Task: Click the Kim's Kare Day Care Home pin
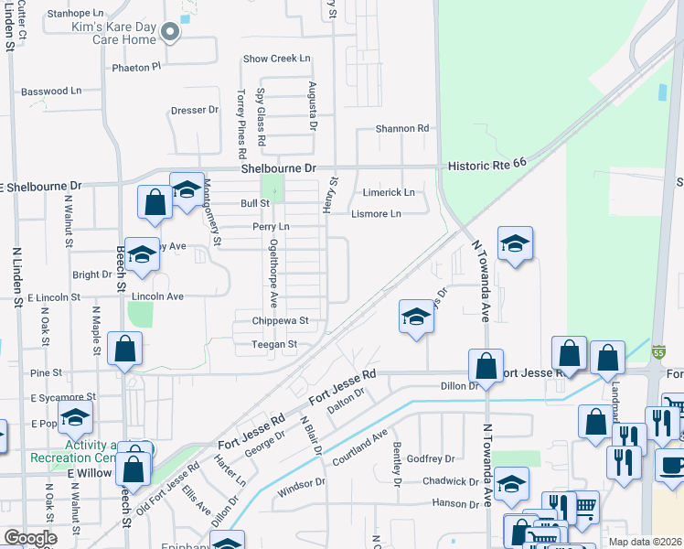click(x=169, y=33)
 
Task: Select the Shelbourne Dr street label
click(x=278, y=169)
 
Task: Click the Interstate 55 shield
click(x=658, y=351)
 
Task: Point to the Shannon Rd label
click(x=403, y=129)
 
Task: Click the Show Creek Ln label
click(x=277, y=59)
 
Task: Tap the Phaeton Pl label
click(x=136, y=67)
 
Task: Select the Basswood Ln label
click(x=51, y=91)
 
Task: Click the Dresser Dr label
click(x=195, y=110)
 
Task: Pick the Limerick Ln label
click(x=390, y=192)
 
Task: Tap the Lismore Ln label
click(x=376, y=214)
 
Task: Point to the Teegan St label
click(x=275, y=344)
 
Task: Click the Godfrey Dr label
click(x=431, y=458)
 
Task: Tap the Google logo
click(x=31, y=538)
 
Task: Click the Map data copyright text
click(x=645, y=542)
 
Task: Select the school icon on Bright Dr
click(x=142, y=256)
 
